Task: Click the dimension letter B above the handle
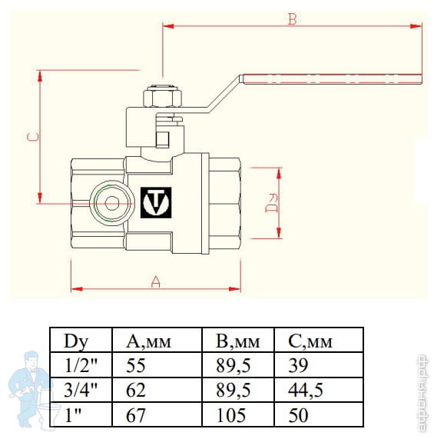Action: tap(292, 19)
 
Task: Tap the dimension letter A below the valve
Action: tap(155, 282)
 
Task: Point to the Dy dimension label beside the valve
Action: tap(270, 201)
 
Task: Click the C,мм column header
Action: tap(312, 341)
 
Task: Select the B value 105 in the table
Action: tap(224, 415)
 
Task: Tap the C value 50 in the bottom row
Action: tap(296, 415)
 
